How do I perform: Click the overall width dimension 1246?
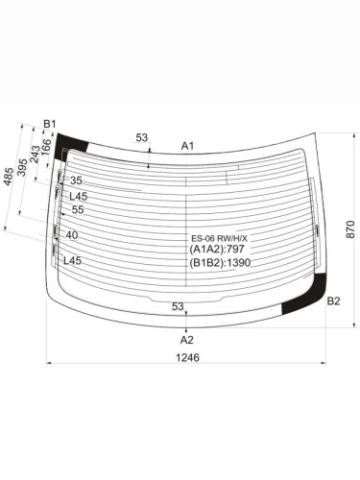[187, 357]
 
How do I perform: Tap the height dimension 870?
[350, 229]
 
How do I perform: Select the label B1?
[50, 124]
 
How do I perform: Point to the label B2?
[333, 301]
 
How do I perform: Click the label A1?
[187, 146]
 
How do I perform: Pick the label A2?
[186, 340]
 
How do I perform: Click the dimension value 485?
[9, 177]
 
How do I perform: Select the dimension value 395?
[22, 167]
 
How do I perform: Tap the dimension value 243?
[35, 155]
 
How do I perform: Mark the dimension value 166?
[46, 147]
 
